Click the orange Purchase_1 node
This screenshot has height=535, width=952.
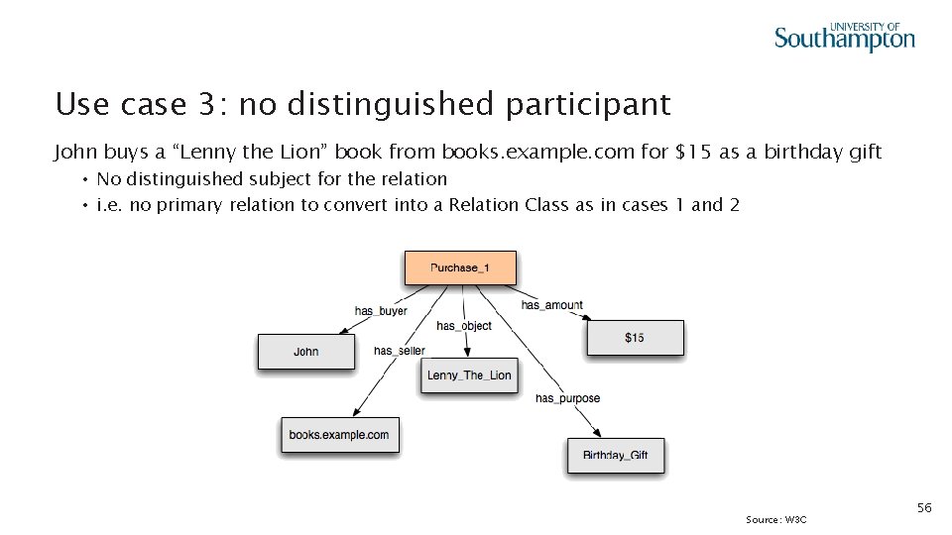tap(460, 267)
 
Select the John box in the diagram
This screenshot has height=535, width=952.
tap(306, 352)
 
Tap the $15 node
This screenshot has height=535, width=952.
tap(635, 338)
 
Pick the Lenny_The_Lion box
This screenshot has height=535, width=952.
tap(469, 375)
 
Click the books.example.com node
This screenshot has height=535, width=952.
tap(339, 435)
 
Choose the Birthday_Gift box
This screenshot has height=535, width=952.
tap(615, 456)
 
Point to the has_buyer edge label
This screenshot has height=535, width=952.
tap(381, 311)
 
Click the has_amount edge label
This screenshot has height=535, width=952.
tap(552, 305)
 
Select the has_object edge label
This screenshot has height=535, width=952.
tap(464, 326)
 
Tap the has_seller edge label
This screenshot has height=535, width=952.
tap(399, 351)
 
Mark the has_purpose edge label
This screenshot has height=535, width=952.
tap(567, 398)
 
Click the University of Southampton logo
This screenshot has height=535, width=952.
tap(844, 37)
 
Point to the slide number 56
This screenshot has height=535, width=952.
tap(923, 507)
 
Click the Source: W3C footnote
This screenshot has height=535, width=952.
tap(776, 519)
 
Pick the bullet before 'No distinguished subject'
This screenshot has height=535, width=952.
tap(87, 179)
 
